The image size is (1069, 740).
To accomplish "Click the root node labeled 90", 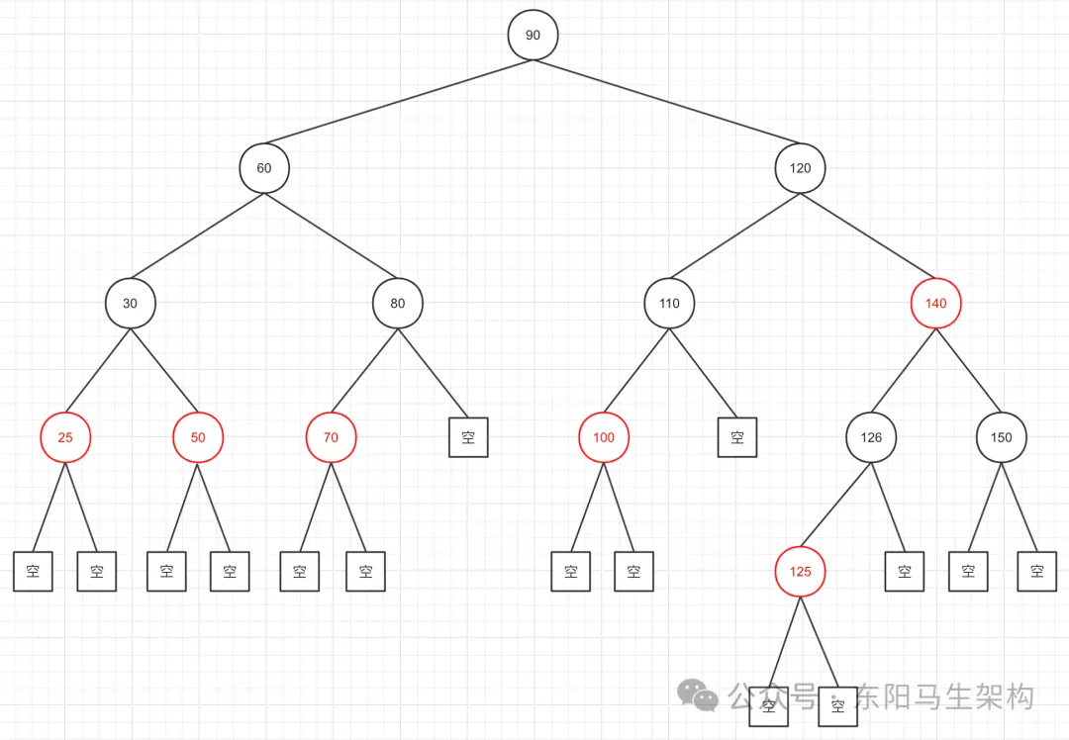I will tap(533, 36).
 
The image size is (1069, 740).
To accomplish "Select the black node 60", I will tap(264, 168).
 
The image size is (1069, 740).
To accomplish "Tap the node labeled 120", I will tap(800, 168).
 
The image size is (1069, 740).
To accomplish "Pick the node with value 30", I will tap(131, 304).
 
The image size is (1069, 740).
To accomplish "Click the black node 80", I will tap(398, 304).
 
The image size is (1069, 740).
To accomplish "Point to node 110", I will tap(669, 304).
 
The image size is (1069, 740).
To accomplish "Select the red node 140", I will tap(935, 304).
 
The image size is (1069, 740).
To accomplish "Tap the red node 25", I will tap(65, 437).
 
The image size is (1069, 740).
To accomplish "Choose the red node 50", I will tap(198, 437).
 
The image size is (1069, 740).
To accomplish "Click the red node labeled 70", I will tap(331, 437).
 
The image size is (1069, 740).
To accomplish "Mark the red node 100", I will tap(604, 437).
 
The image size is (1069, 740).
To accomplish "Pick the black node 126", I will tap(871, 437).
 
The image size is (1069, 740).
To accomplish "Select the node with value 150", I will tap(1002, 437).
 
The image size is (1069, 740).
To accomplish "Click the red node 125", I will tap(800, 572).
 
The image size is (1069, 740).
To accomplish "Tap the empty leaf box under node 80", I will tap(468, 437).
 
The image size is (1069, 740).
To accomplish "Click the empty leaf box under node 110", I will tap(737, 437).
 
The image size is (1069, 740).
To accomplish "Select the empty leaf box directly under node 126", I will tap(904, 571).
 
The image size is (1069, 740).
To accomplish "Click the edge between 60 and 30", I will tap(198, 235).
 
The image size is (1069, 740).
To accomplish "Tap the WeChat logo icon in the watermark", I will tap(699, 694).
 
